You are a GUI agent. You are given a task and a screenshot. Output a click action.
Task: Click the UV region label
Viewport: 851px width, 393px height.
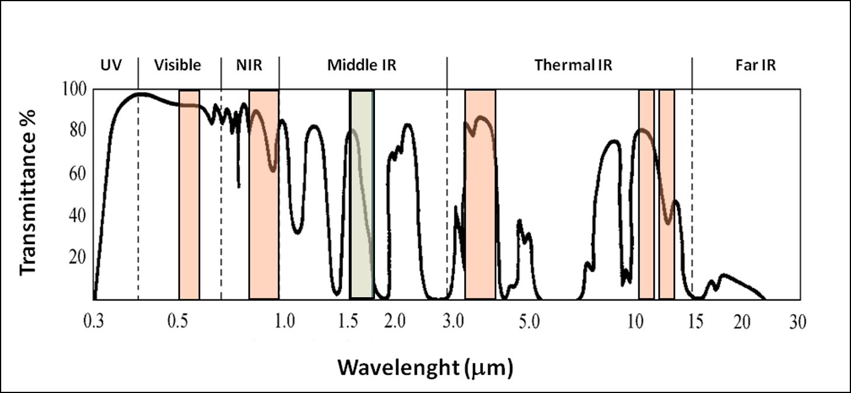111,65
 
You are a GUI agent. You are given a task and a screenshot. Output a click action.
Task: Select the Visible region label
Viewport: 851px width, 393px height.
178,65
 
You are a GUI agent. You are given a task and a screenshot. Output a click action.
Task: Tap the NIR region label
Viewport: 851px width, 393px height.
249,65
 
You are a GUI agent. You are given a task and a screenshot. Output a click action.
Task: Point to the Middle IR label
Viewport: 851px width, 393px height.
362,65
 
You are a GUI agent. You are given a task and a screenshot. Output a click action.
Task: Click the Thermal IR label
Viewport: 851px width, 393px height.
573,65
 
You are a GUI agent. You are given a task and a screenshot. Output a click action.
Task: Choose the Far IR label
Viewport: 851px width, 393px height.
755,65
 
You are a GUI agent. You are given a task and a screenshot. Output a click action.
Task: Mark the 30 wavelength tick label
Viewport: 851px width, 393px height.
797,322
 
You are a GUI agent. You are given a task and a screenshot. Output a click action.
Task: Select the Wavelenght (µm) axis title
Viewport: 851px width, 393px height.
425,367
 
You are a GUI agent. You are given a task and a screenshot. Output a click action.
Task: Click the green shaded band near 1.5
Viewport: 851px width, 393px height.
362,234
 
